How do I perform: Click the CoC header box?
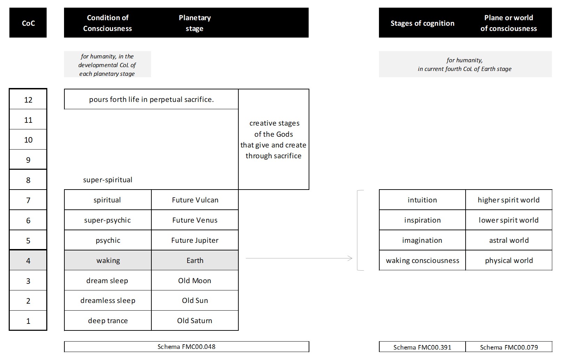(x=28, y=23)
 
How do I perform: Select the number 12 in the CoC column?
(x=28, y=100)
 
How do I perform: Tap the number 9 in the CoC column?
(x=28, y=160)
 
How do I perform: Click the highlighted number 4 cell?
(x=28, y=260)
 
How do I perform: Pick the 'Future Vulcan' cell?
(x=195, y=200)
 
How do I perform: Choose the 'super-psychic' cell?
(x=108, y=220)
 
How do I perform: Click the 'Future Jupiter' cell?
(x=195, y=240)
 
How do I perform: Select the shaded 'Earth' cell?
(x=195, y=260)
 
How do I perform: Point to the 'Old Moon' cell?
(x=195, y=280)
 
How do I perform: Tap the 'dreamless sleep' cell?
(x=108, y=301)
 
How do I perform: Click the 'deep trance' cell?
(x=108, y=321)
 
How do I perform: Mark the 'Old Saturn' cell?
(x=195, y=321)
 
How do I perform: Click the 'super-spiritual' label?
(x=108, y=180)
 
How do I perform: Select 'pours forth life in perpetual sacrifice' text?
(x=151, y=99)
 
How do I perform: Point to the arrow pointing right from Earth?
(x=299, y=258)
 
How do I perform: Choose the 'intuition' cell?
(x=422, y=200)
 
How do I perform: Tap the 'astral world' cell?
(x=509, y=240)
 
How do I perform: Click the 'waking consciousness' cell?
(x=422, y=260)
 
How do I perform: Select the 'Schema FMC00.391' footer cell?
(x=422, y=347)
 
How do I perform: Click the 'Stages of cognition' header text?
(x=422, y=23)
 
